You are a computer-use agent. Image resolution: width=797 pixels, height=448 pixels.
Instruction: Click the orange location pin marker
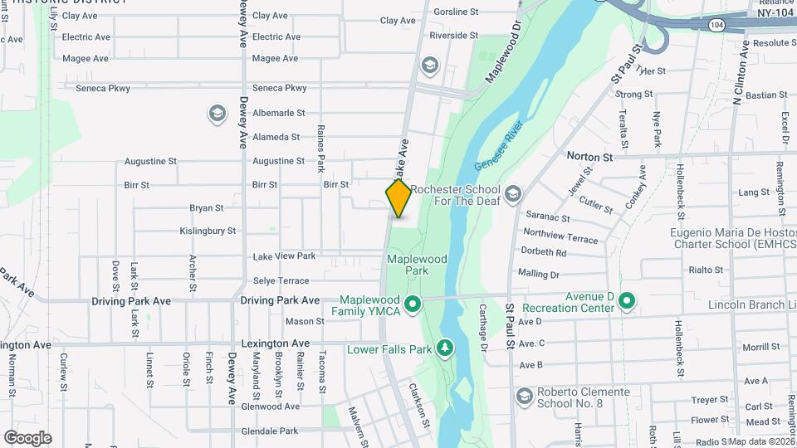coord(398,198)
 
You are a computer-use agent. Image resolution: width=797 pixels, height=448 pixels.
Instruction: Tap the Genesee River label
coord(497,144)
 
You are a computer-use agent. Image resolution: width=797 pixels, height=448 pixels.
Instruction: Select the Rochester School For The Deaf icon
coord(512,194)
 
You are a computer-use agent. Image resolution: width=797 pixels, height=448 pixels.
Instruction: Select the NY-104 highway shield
coord(716,27)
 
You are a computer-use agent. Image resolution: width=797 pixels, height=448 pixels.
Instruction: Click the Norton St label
coord(589,155)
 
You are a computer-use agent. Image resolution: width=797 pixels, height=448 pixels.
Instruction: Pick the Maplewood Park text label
coord(418,265)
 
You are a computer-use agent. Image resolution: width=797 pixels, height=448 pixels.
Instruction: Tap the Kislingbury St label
coord(208,231)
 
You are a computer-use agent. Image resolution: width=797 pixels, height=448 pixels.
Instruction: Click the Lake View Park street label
coord(284,256)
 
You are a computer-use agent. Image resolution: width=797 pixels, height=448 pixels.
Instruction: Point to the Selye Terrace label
coord(281,280)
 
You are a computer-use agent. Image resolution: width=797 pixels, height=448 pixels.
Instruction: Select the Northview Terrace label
coord(560,238)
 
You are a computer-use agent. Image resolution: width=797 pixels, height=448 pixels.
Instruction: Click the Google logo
coord(27,437)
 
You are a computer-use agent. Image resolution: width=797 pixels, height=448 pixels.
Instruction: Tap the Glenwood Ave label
coord(270,407)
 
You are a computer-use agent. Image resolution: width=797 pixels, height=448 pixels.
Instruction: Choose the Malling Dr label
coord(538,273)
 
